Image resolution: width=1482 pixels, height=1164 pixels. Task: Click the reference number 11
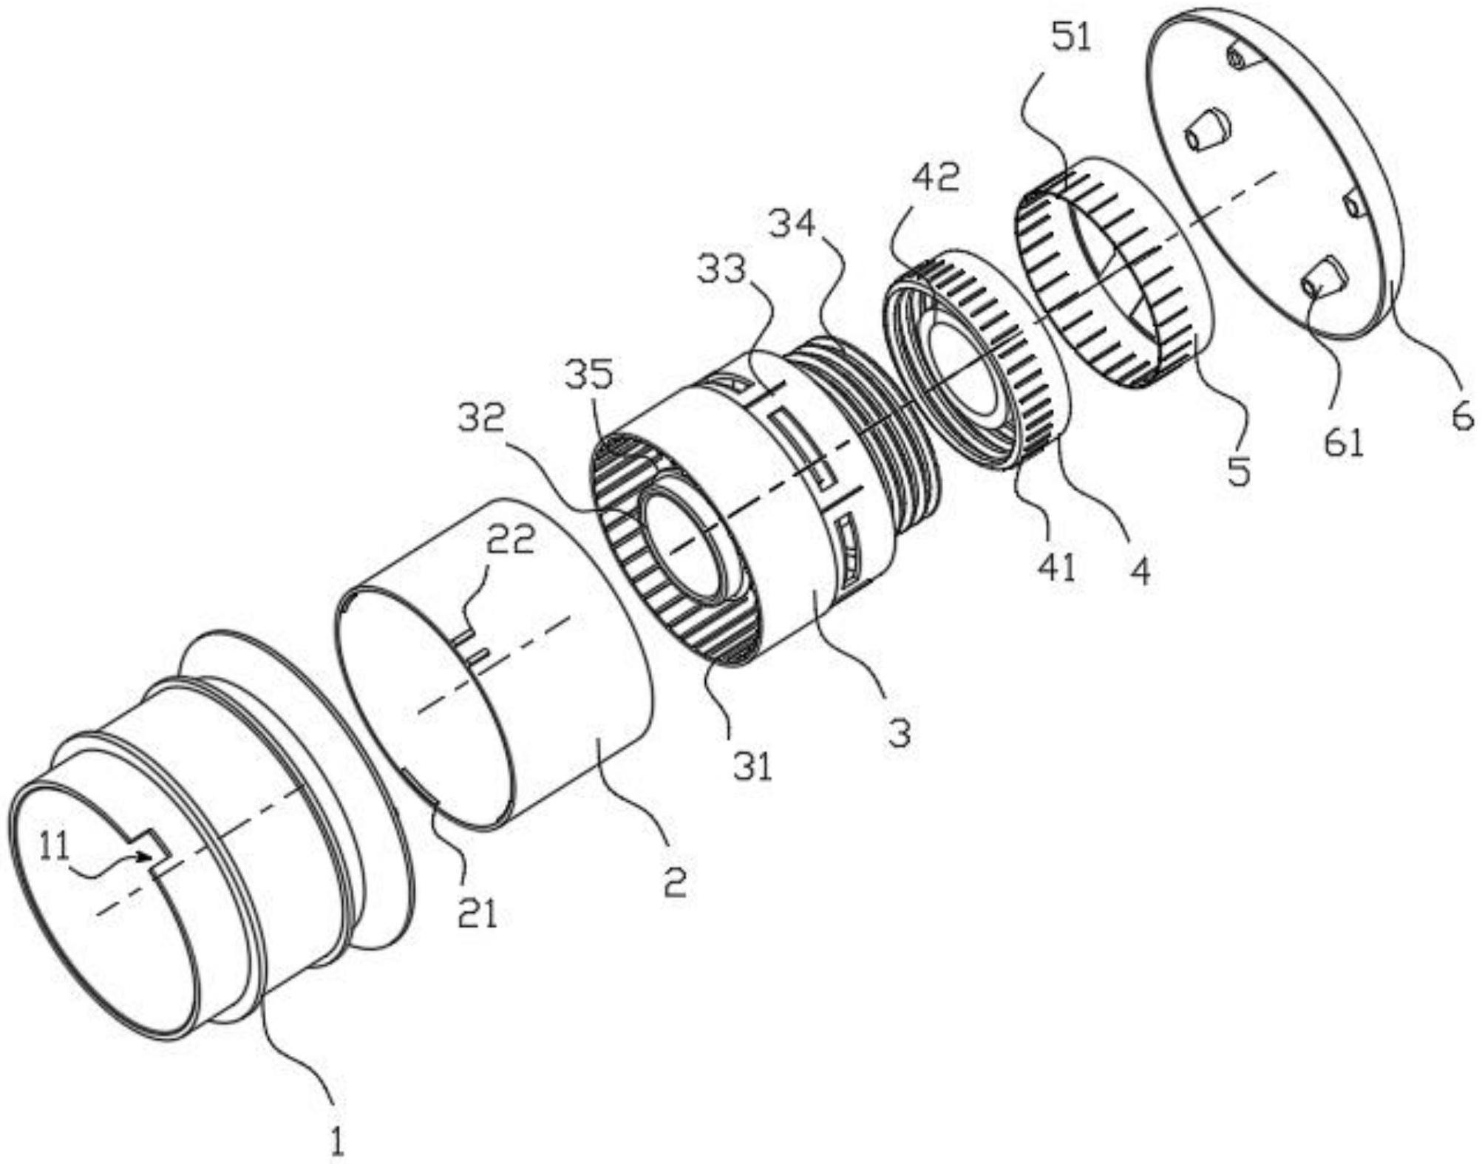53,848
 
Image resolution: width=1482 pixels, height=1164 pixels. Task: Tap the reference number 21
476,914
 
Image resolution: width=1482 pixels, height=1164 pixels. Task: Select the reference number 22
509,542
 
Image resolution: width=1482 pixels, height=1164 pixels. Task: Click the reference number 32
481,421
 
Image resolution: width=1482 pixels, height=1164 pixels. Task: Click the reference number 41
1056,568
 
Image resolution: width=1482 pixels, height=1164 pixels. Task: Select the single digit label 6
1461,419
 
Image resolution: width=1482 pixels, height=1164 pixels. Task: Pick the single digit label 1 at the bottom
336,1143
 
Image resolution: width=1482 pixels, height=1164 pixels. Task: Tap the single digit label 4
1141,571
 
